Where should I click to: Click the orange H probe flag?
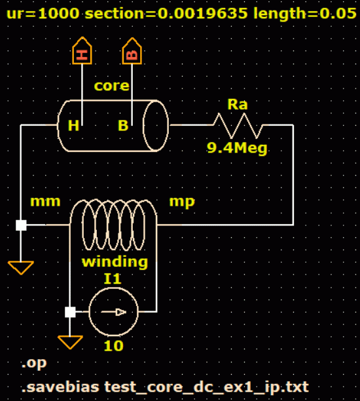pos(82,50)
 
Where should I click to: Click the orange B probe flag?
pos(132,51)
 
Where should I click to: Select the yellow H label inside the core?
pos(73,126)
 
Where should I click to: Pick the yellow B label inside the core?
pos(123,126)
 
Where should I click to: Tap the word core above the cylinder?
pos(112,86)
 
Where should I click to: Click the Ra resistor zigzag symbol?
pos(238,126)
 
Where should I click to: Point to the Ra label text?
pos(238,104)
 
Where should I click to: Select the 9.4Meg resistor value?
pos(237,148)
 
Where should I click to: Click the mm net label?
pos(45,202)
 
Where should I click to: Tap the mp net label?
pos(182,202)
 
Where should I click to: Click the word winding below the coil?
pos(115,262)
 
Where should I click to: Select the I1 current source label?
pos(113,278)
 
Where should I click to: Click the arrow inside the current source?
pos(113,312)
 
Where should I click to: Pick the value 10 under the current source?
pos(113,346)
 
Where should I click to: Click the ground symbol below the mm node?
pos(21,267)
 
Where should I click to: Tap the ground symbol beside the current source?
pos(70,342)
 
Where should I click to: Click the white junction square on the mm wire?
pos(21,225)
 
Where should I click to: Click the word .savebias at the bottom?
pos(60,387)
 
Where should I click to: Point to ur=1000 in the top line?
pos(43,13)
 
